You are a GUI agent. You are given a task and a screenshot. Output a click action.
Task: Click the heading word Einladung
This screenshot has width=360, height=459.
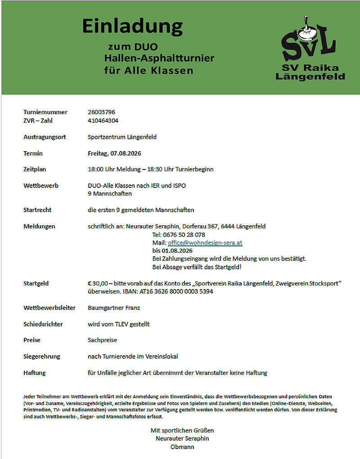pyautogui.click(x=132, y=27)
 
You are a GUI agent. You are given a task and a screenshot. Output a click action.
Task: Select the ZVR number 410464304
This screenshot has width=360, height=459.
pyautogui.click(x=103, y=120)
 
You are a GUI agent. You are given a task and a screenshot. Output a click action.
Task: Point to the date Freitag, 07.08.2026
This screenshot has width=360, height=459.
pyautogui.click(x=114, y=153)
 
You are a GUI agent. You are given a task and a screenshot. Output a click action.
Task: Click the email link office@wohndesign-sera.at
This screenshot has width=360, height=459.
pyautogui.click(x=205, y=243)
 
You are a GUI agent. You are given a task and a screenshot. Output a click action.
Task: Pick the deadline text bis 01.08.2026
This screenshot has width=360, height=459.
pyautogui.click(x=172, y=250)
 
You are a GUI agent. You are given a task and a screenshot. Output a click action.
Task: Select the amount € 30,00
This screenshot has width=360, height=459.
pyautogui.click(x=98, y=283)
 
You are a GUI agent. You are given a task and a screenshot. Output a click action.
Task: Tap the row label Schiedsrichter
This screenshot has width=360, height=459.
pyautogui.click(x=43, y=324)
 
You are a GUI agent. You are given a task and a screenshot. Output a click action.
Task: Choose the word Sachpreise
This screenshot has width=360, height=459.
pyautogui.click(x=103, y=340)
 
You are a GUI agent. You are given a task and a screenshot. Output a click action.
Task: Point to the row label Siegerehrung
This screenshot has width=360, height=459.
pyautogui.click(x=41, y=357)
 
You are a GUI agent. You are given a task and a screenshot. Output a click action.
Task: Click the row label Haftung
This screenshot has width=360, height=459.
pyautogui.click(x=34, y=373)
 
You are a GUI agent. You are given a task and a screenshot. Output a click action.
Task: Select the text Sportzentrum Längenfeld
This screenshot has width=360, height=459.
pyautogui.click(x=122, y=137)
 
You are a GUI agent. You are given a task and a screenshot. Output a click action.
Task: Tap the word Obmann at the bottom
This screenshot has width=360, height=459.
pyautogui.click(x=182, y=447)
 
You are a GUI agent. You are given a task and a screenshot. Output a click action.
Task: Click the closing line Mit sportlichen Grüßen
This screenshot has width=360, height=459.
pyautogui.click(x=182, y=430)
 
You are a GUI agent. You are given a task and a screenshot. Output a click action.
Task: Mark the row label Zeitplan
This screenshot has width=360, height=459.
pyautogui.click(x=35, y=169)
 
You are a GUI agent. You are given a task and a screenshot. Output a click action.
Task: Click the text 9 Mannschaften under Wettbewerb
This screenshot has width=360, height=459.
pyautogui.click(x=110, y=194)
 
